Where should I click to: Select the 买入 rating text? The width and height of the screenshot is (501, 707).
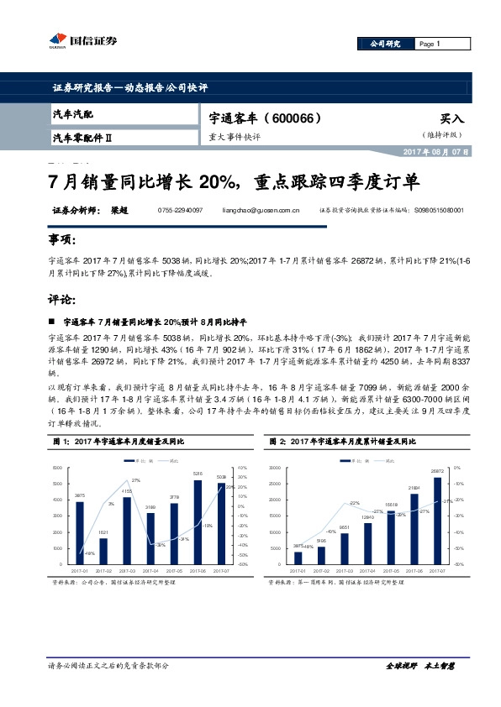coord(451,119)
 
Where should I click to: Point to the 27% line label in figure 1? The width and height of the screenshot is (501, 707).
coord(135,479)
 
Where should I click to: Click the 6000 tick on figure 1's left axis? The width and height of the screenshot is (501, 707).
coord(57,468)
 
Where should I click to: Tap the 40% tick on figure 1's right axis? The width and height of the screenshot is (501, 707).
coord(242,468)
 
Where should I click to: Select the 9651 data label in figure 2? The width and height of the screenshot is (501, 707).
coord(345,528)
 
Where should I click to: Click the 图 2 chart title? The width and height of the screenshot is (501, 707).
coord(345,441)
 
